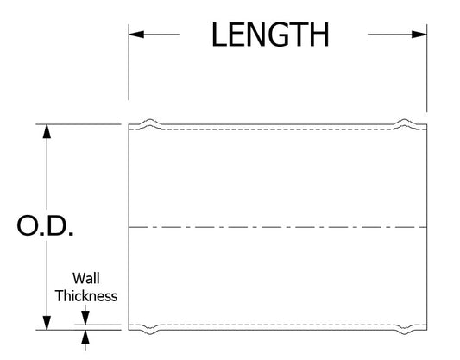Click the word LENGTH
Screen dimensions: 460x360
click(270, 35)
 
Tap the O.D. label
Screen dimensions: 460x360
click(45, 225)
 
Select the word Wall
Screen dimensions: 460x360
click(86, 278)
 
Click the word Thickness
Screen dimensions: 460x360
click(86, 295)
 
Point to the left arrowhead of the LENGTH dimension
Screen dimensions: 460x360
click(136, 35)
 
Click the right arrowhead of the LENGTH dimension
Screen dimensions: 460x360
click(419, 35)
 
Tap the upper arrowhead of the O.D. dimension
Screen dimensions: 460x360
click(47, 131)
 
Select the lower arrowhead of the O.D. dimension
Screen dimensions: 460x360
click(47, 323)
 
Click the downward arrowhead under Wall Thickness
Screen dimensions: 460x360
click(85, 318)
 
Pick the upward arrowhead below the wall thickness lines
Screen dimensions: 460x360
click(85, 337)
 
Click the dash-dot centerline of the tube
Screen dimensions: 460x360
click(278, 227)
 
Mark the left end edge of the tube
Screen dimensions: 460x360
click(129, 227)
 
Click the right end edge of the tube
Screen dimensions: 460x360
click(427, 227)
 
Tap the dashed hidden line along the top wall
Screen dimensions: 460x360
click(278, 129)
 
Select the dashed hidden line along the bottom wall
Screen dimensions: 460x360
click(278, 325)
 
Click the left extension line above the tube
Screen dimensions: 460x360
click(129, 62)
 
